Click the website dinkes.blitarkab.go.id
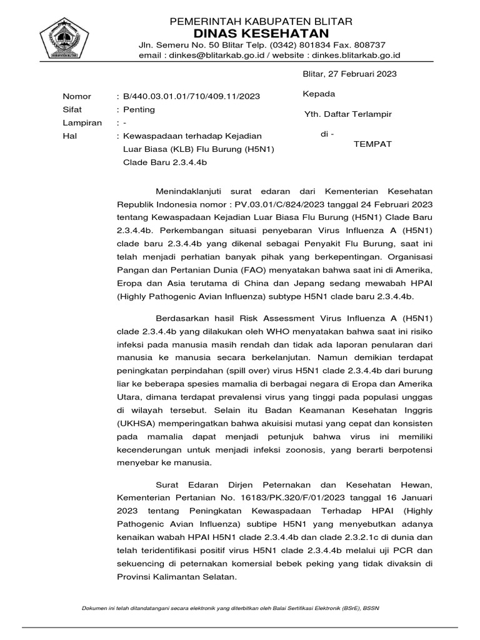point(360,55)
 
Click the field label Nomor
point(77,96)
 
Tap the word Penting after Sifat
point(140,109)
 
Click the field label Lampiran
point(82,122)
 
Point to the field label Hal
point(69,136)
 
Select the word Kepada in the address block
point(318,94)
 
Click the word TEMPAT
point(373,144)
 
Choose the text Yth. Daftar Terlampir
point(347,114)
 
